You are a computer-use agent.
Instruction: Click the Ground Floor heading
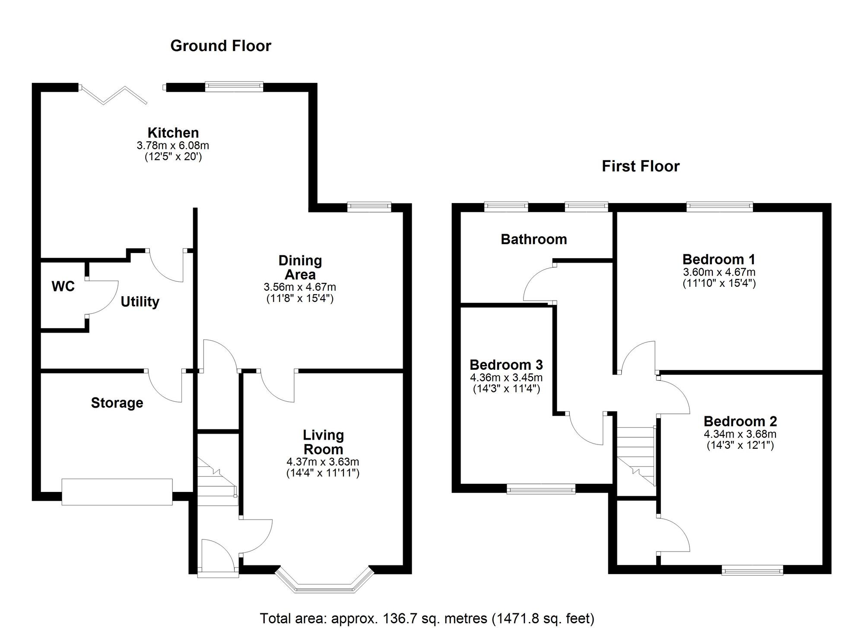(220, 46)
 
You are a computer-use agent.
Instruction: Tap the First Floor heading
(640, 166)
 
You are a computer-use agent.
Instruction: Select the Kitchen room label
(173, 133)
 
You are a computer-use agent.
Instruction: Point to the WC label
(63, 286)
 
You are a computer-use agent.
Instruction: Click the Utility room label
(140, 301)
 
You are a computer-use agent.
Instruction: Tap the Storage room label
(117, 403)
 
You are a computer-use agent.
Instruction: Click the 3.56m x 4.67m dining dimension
(300, 287)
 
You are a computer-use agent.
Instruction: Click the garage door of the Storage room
(117, 492)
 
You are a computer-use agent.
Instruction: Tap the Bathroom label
(534, 239)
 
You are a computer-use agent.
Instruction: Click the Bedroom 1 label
(718, 260)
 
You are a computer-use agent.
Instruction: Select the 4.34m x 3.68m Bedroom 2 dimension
(740, 434)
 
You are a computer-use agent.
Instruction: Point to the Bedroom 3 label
(506, 365)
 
